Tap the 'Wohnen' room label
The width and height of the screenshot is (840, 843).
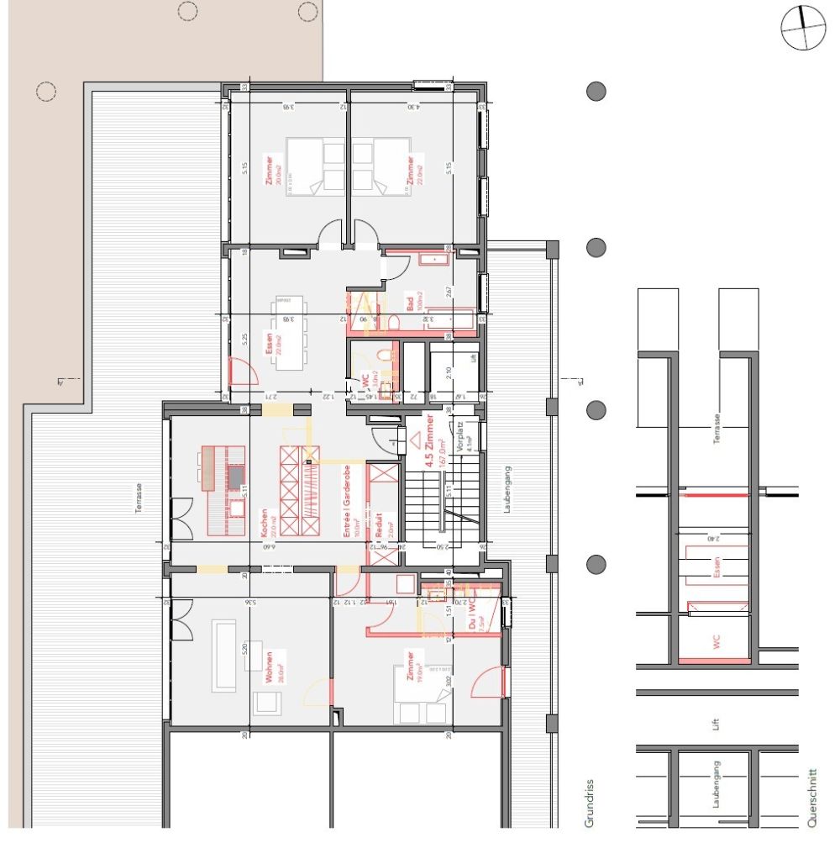[x=268, y=668]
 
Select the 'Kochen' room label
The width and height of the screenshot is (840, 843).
[x=264, y=523]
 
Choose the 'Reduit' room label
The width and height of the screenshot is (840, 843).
[x=379, y=525]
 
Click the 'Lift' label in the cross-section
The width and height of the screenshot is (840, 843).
[x=716, y=723]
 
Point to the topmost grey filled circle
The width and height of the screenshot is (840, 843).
[x=596, y=92]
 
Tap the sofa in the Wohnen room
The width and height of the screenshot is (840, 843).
[x=224, y=655]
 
